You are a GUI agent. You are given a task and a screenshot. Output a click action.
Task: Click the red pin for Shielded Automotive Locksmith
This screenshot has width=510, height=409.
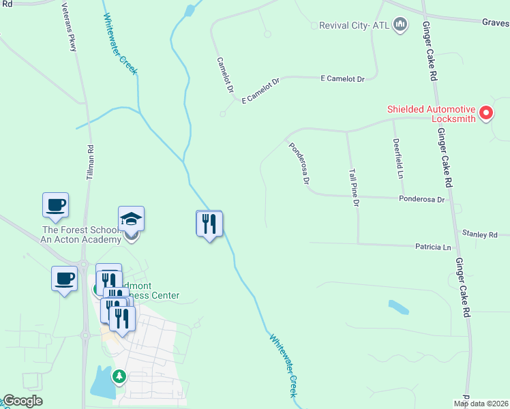486,112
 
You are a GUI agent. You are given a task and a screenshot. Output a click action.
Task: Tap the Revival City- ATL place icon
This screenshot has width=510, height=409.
401,26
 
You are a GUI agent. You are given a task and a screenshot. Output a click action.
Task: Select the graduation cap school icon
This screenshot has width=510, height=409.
131,219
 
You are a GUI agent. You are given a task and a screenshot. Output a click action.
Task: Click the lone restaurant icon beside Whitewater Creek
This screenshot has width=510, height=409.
209,224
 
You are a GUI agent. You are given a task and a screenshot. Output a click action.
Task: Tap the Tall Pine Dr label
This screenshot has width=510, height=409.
354,187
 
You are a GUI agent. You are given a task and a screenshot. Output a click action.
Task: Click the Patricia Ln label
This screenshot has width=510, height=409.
433,247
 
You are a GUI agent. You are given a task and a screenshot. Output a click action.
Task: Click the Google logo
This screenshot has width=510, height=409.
22,401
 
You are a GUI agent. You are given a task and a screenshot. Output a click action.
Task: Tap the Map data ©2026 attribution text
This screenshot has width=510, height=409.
481,404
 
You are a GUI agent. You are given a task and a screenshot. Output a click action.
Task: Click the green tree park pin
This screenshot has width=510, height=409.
119,376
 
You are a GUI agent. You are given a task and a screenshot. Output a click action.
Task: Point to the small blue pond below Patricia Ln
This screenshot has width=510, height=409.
398,307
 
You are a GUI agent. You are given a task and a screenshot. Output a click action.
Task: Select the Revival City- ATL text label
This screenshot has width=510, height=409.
354,26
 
